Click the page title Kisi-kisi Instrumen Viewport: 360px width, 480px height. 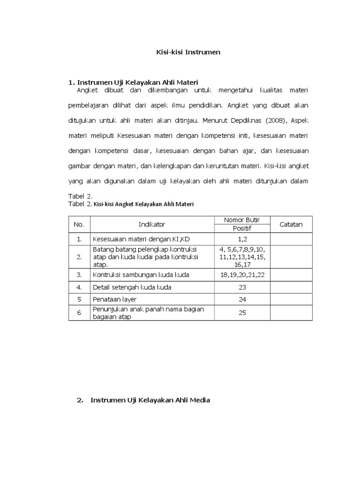[188, 52]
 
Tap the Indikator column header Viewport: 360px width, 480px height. [152, 225]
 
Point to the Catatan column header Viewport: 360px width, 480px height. [291, 225]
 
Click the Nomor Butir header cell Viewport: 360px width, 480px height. [242, 220]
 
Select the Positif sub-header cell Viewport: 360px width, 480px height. [242, 229]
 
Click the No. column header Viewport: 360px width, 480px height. [79, 225]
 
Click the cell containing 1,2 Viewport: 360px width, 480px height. [242, 239]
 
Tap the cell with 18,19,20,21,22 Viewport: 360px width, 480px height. [242, 275]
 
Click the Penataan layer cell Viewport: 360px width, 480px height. [114, 299]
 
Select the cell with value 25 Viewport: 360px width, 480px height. [242, 313]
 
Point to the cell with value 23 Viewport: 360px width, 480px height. [242, 287]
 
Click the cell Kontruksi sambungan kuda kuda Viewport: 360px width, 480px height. [141, 275]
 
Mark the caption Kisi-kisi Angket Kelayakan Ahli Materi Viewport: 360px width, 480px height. [144, 204]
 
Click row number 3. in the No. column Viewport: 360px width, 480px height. [79, 275]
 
